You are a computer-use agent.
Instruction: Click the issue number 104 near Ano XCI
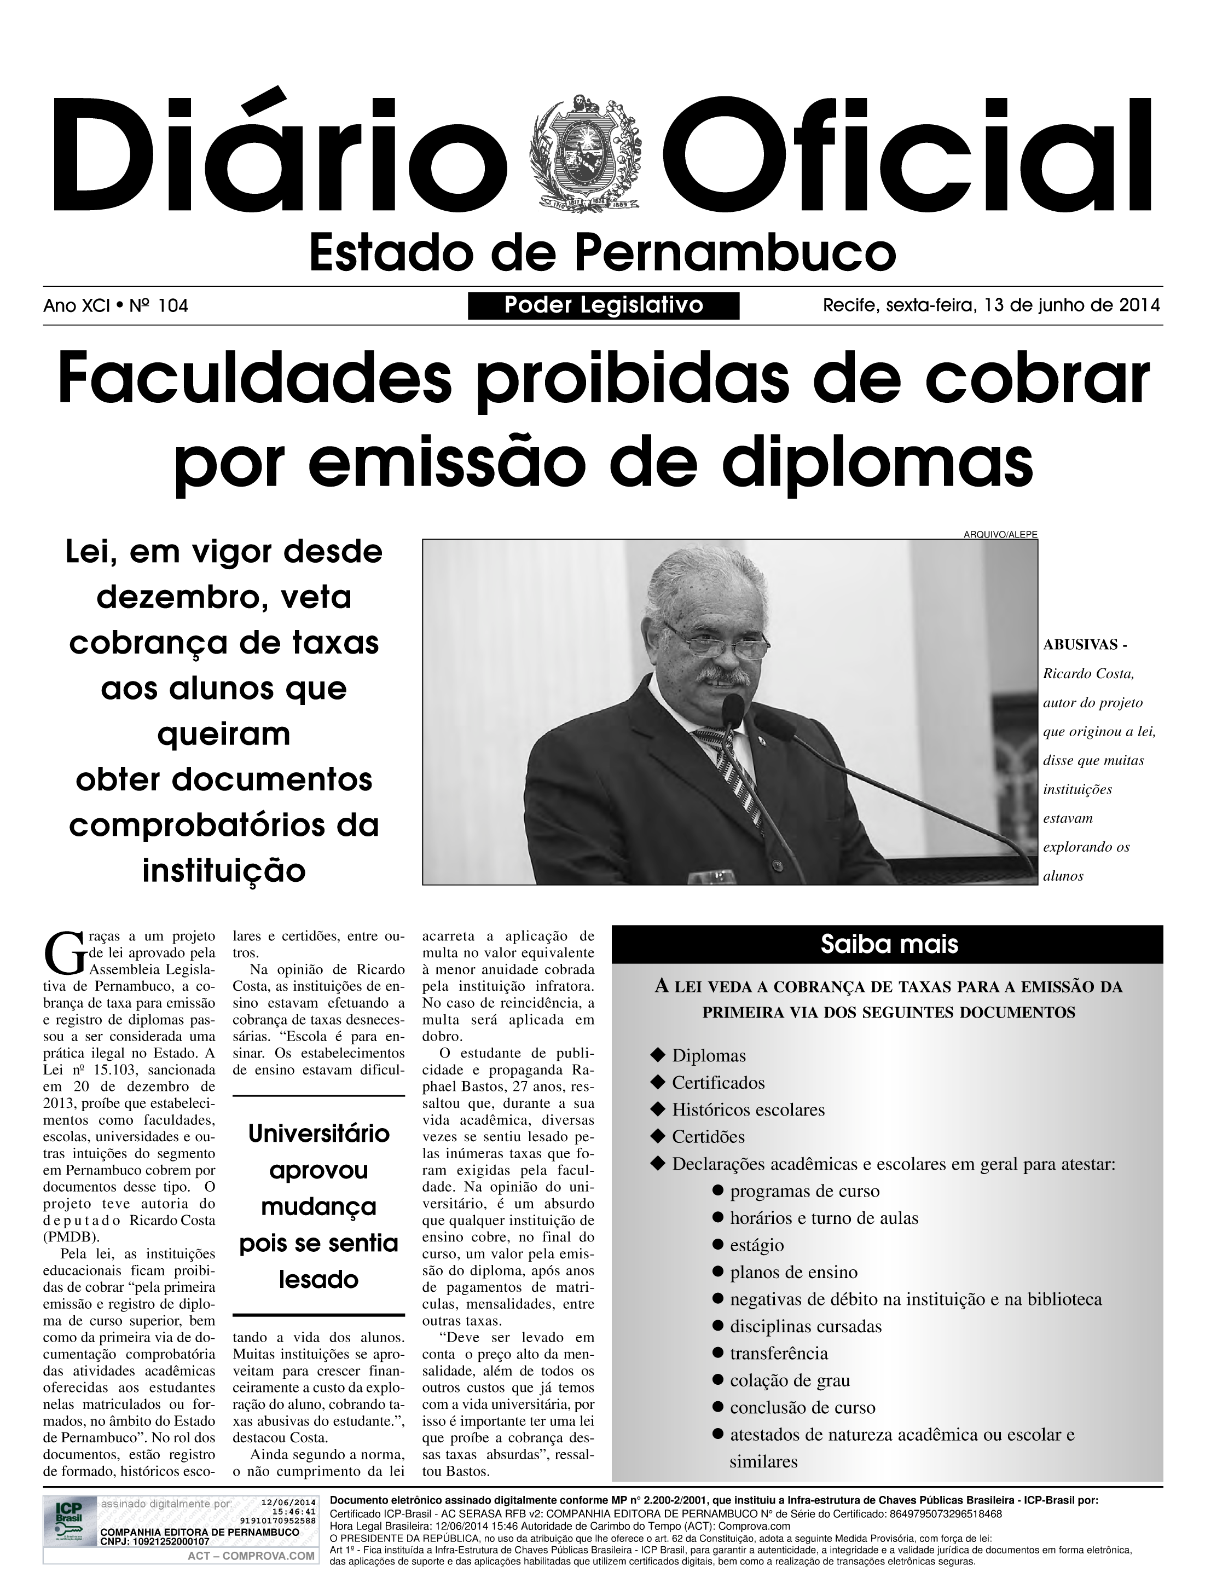(173, 307)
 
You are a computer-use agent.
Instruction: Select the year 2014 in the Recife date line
(1139, 305)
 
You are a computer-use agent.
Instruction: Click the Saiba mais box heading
(889, 944)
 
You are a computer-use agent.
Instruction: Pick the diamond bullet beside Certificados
(657, 1082)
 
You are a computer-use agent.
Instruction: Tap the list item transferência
(778, 1353)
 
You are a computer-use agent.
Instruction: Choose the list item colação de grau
(789, 1380)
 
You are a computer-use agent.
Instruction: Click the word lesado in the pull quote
(318, 1279)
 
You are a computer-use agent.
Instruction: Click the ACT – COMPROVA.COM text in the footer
(251, 1556)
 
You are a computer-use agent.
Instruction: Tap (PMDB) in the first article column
(72, 1237)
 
